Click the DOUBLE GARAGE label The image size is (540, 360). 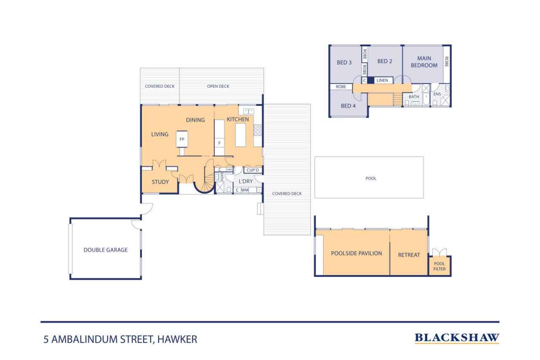(x=105, y=250)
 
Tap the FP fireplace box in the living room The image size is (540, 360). (x=182, y=139)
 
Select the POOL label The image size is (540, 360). (x=371, y=179)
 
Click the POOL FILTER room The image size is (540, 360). (x=440, y=266)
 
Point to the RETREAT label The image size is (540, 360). (x=409, y=255)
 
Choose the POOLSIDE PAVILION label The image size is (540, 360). (x=356, y=253)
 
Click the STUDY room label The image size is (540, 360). (x=160, y=182)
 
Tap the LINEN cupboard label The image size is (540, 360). (x=382, y=80)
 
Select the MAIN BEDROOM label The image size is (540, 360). (x=424, y=62)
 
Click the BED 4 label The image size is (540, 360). (x=348, y=106)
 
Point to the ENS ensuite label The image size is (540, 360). (x=437, y=94)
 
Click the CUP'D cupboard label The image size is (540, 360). (x=253, y=170)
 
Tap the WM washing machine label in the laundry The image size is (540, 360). (x=245, y=190)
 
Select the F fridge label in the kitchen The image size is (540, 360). (x=219, y=143)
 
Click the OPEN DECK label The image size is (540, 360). (x=218, y=87)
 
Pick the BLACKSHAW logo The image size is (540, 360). (x=457, y=338)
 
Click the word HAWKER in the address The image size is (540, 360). (x=177, y=339)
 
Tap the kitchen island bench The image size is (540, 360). (x=240, y=135)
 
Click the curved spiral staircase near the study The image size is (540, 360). (x=207, y=180)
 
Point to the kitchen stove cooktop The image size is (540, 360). (x=257, y=130)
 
